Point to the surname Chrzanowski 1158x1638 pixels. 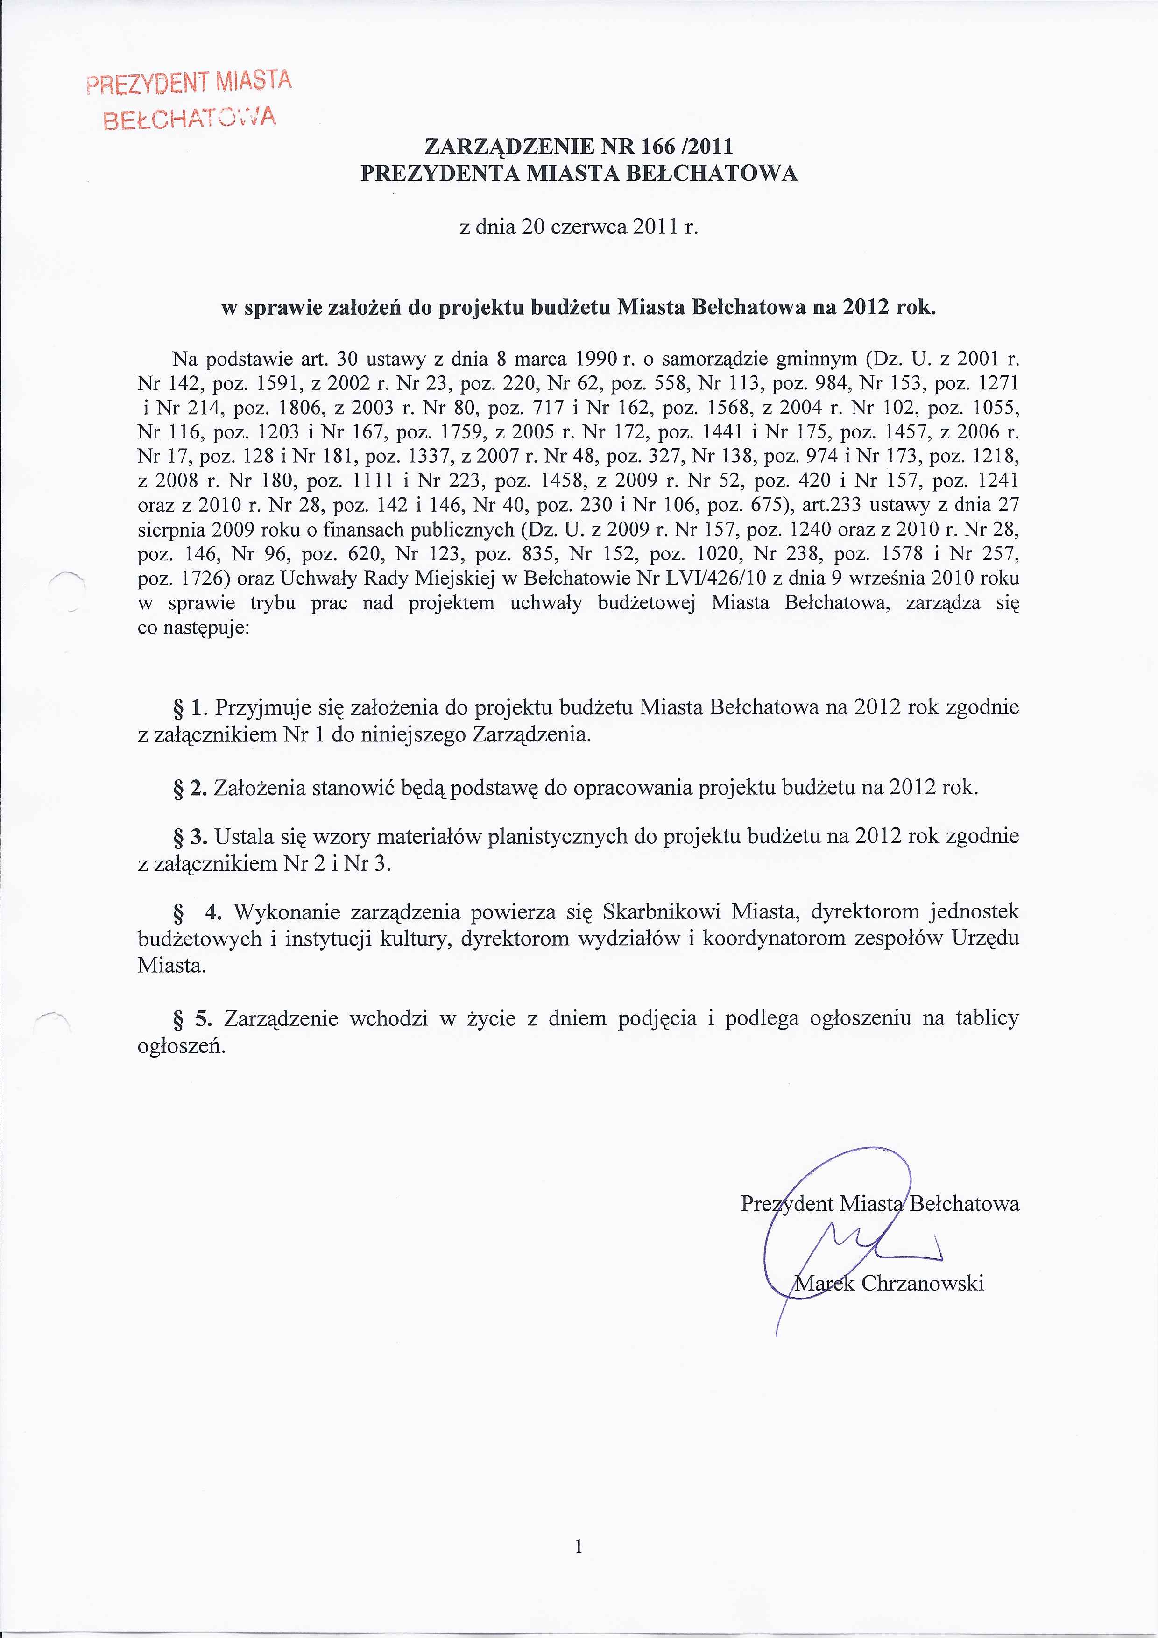click(923, 1283)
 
